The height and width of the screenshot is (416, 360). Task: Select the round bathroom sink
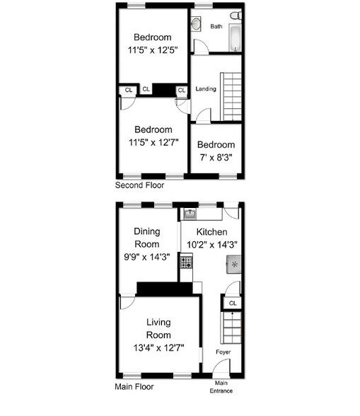click(197, 24)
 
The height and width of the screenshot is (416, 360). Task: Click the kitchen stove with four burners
click(187, 262)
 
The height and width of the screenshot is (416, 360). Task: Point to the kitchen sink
click(190, 212)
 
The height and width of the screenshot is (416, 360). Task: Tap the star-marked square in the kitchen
click(234, 265)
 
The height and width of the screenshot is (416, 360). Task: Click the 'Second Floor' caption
click(139, 185)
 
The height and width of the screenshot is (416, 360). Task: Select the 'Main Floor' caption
click(134, 387)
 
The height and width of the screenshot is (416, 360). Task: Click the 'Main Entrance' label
click(221, 387)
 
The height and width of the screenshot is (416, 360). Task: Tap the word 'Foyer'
click(223, 352)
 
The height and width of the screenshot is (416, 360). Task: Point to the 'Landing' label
click(206, 89)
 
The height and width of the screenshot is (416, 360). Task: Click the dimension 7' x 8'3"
click(216, 157)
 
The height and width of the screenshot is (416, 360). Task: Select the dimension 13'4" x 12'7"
click(158, 347)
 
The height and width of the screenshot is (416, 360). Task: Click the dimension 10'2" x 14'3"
click(211, 244)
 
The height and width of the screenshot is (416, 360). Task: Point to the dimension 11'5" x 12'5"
click(153, 50)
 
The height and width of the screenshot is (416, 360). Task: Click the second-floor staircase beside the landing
click(232, 96)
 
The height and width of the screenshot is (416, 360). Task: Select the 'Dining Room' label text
click(146, 238)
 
